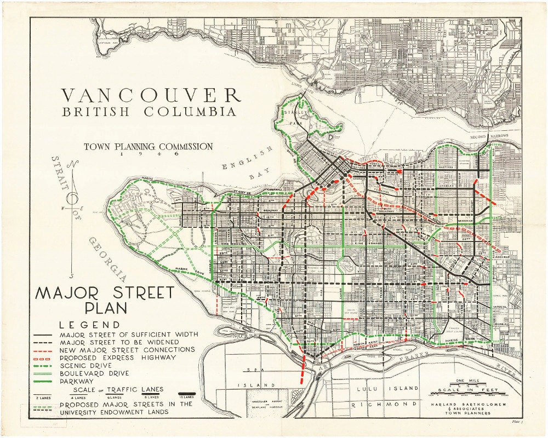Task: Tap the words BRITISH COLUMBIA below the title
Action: (150, 112)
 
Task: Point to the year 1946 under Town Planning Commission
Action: (147, 154)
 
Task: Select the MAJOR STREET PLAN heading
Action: (105, 299)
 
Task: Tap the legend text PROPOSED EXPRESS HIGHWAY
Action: (118, 357)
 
